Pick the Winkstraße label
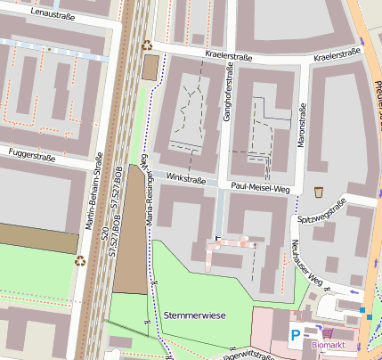(185, 179)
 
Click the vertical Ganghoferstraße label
(227, 98)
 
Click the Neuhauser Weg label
(306, 264)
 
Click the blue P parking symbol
(295, 335)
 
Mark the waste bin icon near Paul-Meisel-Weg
(319, 192)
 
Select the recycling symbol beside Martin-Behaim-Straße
(80, 261)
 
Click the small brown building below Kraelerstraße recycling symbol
(150, 65)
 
